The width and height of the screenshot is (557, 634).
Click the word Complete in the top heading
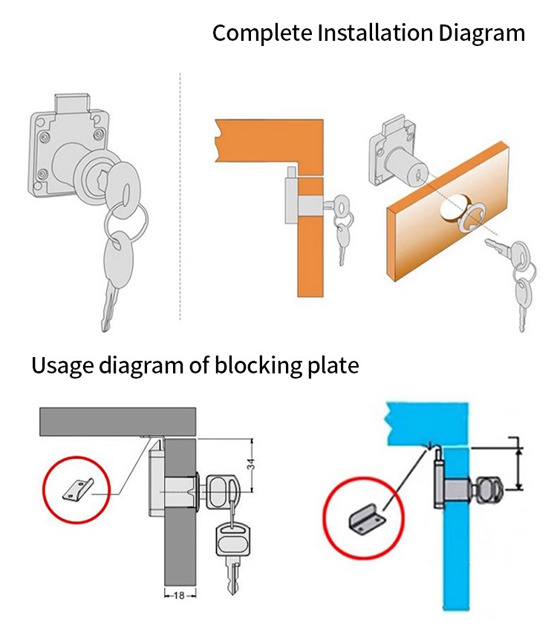[262, 33]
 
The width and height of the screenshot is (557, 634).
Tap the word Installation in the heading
[375, 33]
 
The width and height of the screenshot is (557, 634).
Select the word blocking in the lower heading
[258, 366]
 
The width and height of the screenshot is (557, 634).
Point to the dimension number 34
[251, 464]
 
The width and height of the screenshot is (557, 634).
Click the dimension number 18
[179, 595]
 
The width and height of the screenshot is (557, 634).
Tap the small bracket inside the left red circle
[78, 490]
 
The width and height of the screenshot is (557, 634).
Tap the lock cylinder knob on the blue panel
[489, 489]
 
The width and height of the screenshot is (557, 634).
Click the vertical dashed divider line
[180, 196]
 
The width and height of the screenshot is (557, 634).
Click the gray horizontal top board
[117, 422]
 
